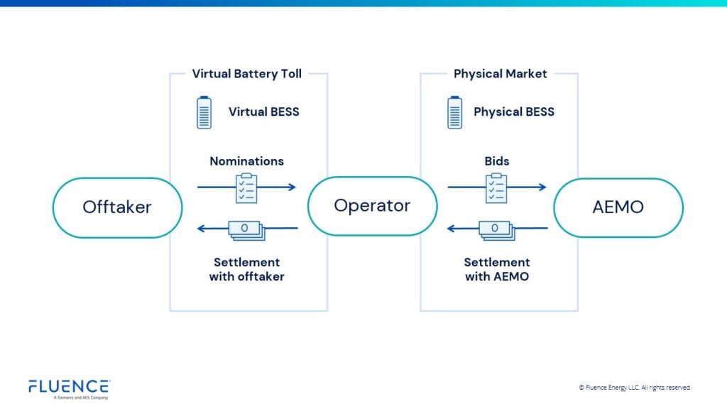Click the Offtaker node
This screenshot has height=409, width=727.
click(x=117, y=207)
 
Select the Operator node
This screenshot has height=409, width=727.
click(x=372, y=206)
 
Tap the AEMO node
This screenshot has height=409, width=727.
click(x=618, y=207)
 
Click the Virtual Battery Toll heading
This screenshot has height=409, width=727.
click(x=247, y=74)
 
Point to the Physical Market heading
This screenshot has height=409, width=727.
click(x=500, y=74)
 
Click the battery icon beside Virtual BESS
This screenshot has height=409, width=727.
click(x=204, y=112)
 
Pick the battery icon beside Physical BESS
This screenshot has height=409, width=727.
click(x=454, y=112)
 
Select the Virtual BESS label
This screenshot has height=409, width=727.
click(x=264, y=111)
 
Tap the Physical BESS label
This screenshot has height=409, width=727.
click(x=514, y=111)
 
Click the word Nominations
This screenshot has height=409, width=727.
click(x=246, y=161)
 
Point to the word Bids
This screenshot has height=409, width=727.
click(x=497, y=161)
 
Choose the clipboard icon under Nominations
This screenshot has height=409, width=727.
click(x=246, y=187)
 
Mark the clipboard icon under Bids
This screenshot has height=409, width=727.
click(x=497, y=187)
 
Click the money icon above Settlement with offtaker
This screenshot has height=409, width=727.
click(x=246, y=229)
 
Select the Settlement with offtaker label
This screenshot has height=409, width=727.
click(x=246, y=270)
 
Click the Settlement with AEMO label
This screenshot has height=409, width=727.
click(x=497, y=270)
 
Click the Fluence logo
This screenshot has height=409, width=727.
click(x=69, y=388)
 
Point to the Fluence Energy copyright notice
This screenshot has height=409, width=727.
click(x=635, y=388)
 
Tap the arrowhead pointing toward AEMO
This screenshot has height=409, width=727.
click(x=542, y=187)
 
